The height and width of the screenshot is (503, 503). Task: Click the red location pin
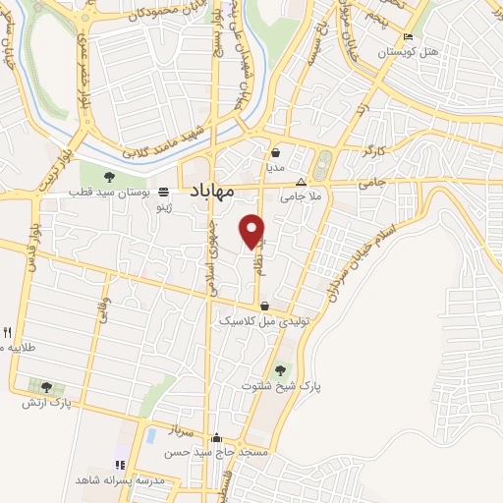(x=252, y=230)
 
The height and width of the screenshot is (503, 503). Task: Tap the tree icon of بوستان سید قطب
(x=109, y=177)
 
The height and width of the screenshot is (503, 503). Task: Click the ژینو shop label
(x=171, y=207)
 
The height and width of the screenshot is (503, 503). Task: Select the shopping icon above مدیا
(x=276, y=153)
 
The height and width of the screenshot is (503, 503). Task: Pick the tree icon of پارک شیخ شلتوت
(x=282, y=370)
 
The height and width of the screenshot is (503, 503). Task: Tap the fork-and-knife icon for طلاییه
(x=7, y=332)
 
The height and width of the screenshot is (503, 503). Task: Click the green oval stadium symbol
(x=325, y=163)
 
